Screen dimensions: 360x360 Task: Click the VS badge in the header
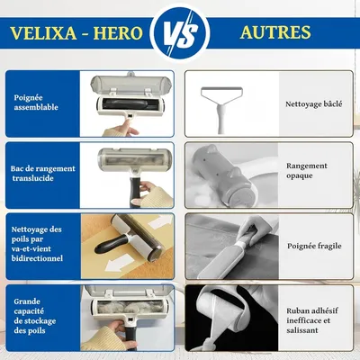180,33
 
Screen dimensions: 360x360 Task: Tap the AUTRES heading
275,33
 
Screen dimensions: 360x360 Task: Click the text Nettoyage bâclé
314,104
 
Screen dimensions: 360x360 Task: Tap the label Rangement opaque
308,171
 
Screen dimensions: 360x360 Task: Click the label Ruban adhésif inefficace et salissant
314,314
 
